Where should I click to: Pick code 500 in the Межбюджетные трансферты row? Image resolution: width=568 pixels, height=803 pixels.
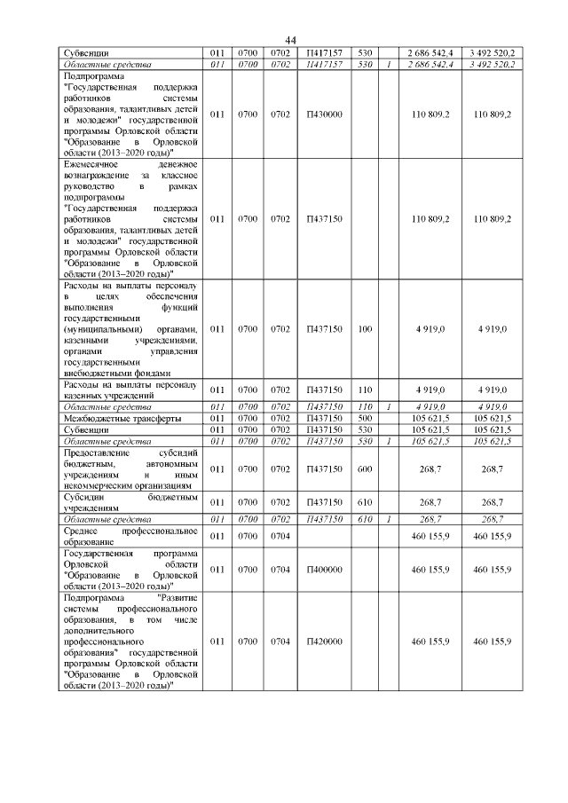click(364, 417)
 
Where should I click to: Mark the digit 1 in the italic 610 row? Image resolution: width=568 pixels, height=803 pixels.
click(388, 518)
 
